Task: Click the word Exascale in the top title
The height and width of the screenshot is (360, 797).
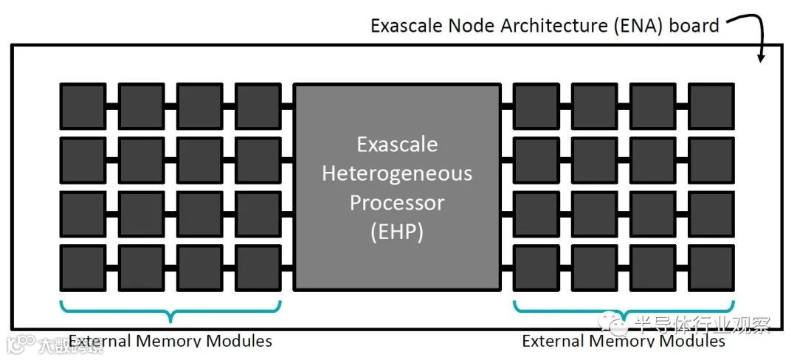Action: [x=407, y=27]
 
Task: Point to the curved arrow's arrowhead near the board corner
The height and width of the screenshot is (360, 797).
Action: [x=761, y=57]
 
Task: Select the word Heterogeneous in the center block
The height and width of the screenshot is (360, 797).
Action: [x=396, y=173]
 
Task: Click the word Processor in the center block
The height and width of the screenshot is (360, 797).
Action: [x=396, y=201]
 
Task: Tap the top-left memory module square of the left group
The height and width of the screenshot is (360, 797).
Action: [x=83, y=106]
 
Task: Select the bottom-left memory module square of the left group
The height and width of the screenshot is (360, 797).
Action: [x=83, y=268]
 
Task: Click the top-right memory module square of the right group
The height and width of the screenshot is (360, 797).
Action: [x=711, y=106]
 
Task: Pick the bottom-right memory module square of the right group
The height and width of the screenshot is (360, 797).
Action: [x=711, y=268]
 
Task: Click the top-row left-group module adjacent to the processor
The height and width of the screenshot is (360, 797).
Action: [x=258, y=106]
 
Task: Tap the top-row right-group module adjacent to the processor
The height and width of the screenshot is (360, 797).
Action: [x=536, y=106]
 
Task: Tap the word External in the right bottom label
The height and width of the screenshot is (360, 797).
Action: [x=552, y=341]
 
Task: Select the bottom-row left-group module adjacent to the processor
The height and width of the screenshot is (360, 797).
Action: [x=258, y=268]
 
